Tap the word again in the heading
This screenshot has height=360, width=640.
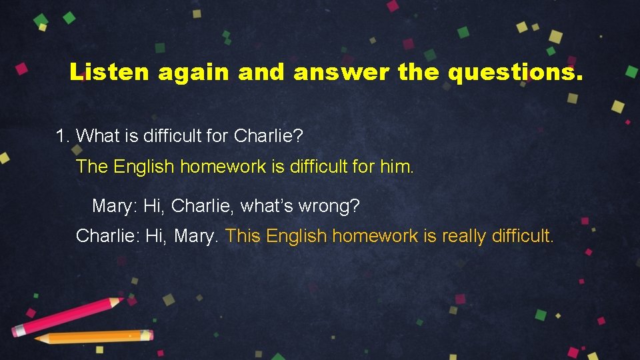(193, 72)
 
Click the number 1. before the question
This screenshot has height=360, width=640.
(63, 136)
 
